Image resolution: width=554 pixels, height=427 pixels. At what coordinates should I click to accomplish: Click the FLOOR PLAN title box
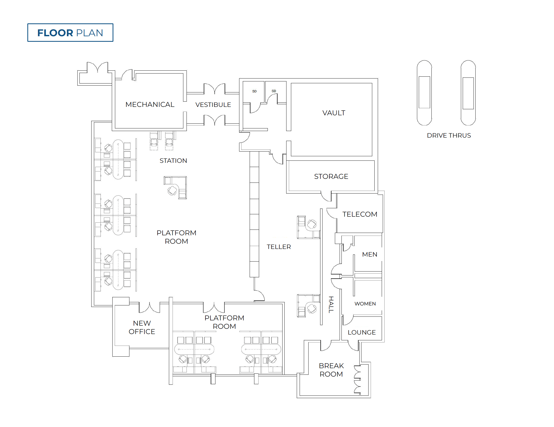tap(70, 33)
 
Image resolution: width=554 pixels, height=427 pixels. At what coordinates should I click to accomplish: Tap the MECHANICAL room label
tap(150, 105)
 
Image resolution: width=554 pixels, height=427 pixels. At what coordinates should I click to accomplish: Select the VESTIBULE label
tap(213, 105)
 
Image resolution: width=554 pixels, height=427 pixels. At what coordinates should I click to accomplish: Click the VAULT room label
tap(334, 113)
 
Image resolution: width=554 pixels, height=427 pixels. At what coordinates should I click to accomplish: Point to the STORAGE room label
tap(331, 176)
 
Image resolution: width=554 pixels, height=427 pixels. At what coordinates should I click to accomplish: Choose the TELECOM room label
tap(360, 214)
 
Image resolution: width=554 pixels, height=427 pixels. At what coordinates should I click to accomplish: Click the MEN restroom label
tap(370, 254)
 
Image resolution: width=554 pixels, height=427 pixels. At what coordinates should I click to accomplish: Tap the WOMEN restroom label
tap(365, 304)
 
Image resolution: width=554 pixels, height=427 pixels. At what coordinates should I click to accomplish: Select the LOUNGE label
tap(362, 332)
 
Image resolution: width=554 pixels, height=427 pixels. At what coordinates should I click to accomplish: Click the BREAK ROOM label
tap(331, 370)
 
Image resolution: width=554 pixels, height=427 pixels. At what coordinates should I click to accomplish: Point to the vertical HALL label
tap(331, 305)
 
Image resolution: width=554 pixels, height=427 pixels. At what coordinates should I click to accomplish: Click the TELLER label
tap(279, 247)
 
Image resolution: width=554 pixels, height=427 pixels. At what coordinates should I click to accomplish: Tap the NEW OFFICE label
tap(142, 327)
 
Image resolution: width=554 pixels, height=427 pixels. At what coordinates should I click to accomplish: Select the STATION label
tap(173, 161)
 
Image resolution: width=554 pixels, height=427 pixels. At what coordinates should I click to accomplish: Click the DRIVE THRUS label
tap(449, 136)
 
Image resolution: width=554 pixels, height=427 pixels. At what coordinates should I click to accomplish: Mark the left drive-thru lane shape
tap(424, 93)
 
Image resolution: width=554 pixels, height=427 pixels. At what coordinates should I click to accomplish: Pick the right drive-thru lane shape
tap(468, 93)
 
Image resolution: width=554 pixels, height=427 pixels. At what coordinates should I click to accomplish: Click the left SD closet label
tap(254, 91)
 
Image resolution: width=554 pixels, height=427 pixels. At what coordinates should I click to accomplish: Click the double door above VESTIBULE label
tap(214, 88)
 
